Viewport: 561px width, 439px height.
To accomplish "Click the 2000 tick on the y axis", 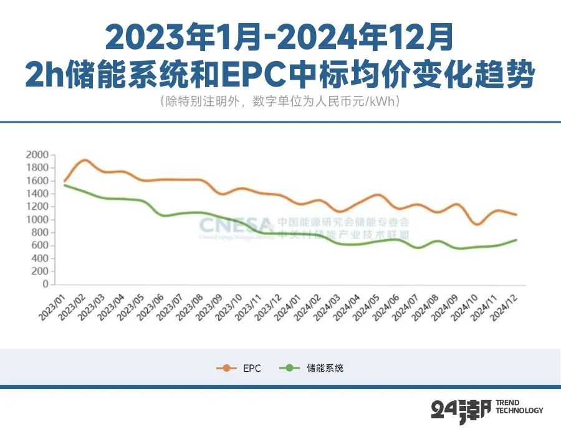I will (37, 154).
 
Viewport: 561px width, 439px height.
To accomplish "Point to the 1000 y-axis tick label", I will (37, 219).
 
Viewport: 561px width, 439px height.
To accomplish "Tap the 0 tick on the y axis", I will (45, 284).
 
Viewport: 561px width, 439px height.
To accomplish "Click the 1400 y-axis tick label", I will (37, 194).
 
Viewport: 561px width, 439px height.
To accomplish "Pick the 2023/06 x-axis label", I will (152, 306).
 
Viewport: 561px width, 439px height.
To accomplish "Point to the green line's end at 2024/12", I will (517, 240).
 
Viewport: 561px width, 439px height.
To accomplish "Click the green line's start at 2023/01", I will (65, 185).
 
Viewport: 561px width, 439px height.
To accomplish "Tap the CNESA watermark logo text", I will (236, 224).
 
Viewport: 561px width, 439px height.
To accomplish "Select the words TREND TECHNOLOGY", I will (519, 407).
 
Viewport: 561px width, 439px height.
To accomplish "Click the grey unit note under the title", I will (280, 101).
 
